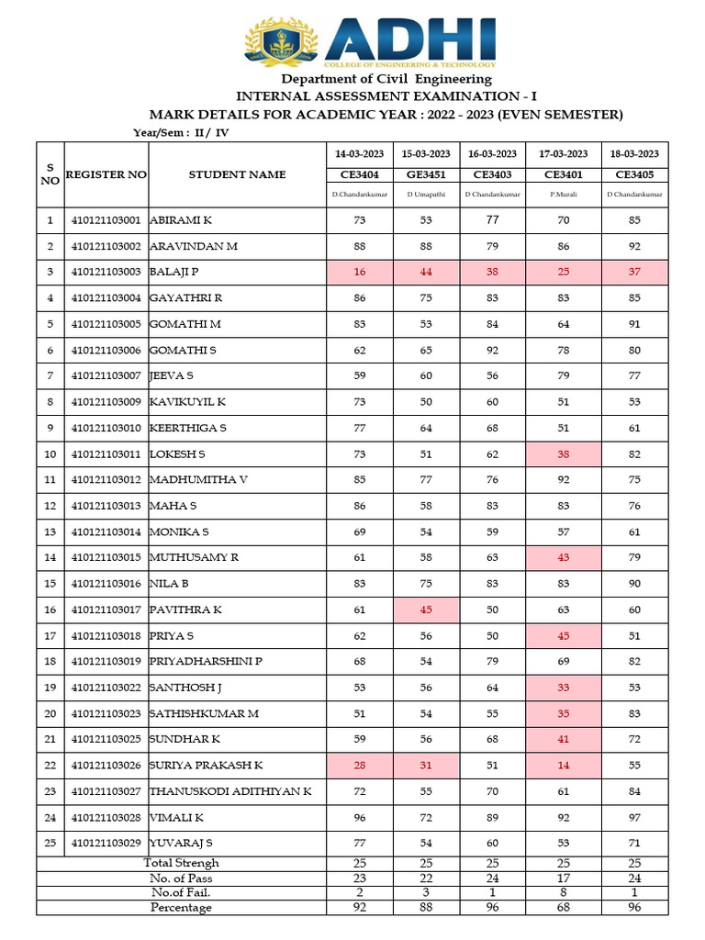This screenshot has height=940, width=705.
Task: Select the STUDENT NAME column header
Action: point(237,174)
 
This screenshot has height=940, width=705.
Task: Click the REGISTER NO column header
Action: point(106,174)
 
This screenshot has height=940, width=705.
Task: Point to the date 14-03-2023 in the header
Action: point(359,153)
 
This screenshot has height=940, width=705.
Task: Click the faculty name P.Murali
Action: point(563,195)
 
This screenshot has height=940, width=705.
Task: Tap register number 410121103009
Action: point(106,401)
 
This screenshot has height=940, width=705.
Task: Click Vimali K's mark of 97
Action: point(634,816)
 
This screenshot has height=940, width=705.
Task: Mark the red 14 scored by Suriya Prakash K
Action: point(563,765)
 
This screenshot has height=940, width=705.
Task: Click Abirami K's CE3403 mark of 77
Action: point(494,220)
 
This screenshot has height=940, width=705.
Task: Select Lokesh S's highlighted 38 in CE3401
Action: point(563,453)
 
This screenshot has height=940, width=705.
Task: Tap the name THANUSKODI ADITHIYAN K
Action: point(230,790)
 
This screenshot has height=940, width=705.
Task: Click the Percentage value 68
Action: point(563,907)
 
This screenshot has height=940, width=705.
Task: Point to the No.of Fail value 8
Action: point(563,892)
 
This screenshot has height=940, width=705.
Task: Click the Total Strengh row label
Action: point(181,863)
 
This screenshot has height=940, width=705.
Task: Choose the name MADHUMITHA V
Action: point(198,479)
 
